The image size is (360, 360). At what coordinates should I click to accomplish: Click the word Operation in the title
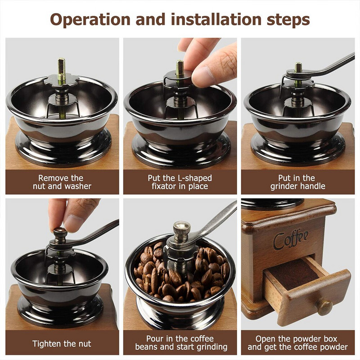90,19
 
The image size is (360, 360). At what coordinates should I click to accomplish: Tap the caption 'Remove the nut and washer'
62,182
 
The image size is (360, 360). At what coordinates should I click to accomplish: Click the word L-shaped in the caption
195,178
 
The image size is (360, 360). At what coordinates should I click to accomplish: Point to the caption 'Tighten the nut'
62,344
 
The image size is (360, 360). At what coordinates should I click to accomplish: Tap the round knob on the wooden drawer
324,307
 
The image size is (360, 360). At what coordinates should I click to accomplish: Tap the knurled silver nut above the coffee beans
182,230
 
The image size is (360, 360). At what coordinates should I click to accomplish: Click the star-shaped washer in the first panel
62,81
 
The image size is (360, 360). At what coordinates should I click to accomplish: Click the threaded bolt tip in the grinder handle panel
298,67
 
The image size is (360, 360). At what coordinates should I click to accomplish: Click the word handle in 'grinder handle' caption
314,186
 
